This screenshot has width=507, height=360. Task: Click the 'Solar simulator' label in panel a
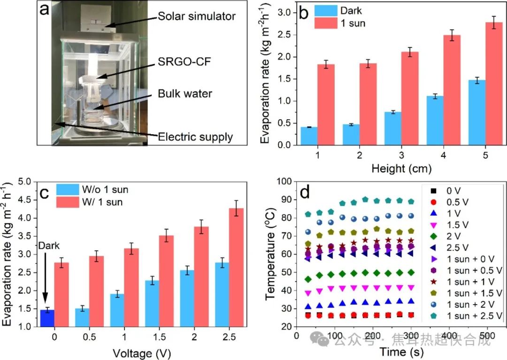tap(196, 16)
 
